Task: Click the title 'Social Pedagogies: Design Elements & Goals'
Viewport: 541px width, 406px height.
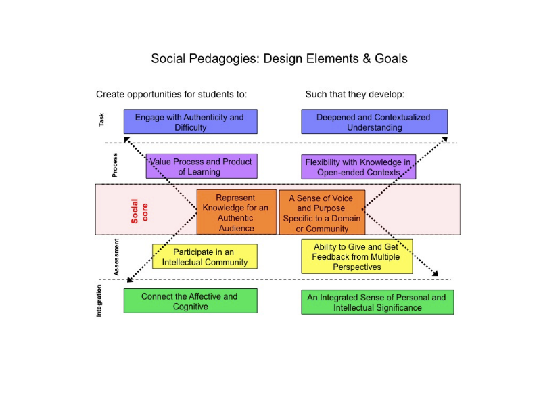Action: click(279, 58)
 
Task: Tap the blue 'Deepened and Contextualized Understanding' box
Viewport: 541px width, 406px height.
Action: click(373, 122)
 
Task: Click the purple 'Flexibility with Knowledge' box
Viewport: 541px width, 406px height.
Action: click(358, 166)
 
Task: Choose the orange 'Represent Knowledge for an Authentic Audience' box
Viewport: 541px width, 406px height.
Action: click(236, 212)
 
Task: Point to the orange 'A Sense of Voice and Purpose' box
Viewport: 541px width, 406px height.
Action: click(322, 212)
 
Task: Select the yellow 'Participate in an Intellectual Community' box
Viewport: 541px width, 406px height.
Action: click(204, 256)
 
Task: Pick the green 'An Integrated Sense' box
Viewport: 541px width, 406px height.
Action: click(377, 302)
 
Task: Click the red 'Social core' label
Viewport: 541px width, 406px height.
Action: click(139, 210)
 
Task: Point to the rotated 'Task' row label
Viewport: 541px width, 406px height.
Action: click(102, 120)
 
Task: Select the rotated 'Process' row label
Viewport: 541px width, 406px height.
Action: click(115, 165)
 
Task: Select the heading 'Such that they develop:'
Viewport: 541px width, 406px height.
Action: click(354, 94)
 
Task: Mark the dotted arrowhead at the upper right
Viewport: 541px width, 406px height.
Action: click(444, 139)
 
